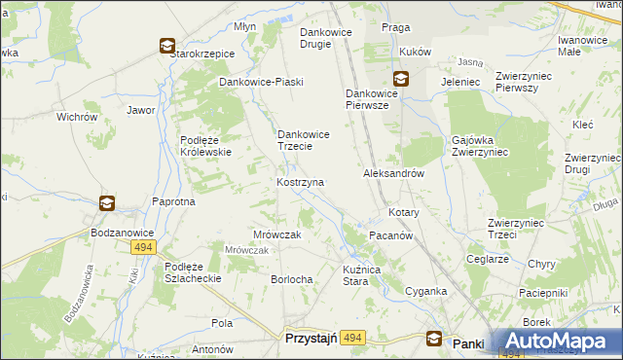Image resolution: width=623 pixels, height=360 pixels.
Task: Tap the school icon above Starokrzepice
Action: click(167, 45)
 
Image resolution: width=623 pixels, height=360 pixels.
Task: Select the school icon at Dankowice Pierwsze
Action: click(401, 79)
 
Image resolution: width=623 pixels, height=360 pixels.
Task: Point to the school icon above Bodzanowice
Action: click(107, 203)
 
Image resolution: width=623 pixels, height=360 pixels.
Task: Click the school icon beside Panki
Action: click(435, 339)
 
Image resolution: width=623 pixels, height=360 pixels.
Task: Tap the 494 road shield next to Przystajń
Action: click(352, 338)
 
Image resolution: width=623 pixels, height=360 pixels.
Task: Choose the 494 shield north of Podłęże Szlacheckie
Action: click(142, 248)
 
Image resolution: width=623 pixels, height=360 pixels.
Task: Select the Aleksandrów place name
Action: click(393, 173)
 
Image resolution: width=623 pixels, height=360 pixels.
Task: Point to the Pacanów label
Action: click(392, 236)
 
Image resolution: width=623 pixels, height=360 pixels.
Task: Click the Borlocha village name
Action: click(291, 279)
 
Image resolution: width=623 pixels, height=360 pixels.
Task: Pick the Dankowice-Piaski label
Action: click(261, 82)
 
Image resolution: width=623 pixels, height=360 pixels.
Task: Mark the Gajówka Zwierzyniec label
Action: click(481, 146)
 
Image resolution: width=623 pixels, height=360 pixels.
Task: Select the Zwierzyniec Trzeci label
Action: click(515, 228)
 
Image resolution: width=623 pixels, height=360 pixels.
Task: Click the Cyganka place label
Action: click(425, 291)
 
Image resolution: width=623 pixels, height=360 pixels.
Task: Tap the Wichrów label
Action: click(77, 117)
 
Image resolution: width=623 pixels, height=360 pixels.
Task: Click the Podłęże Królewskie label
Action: click(204, 146)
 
